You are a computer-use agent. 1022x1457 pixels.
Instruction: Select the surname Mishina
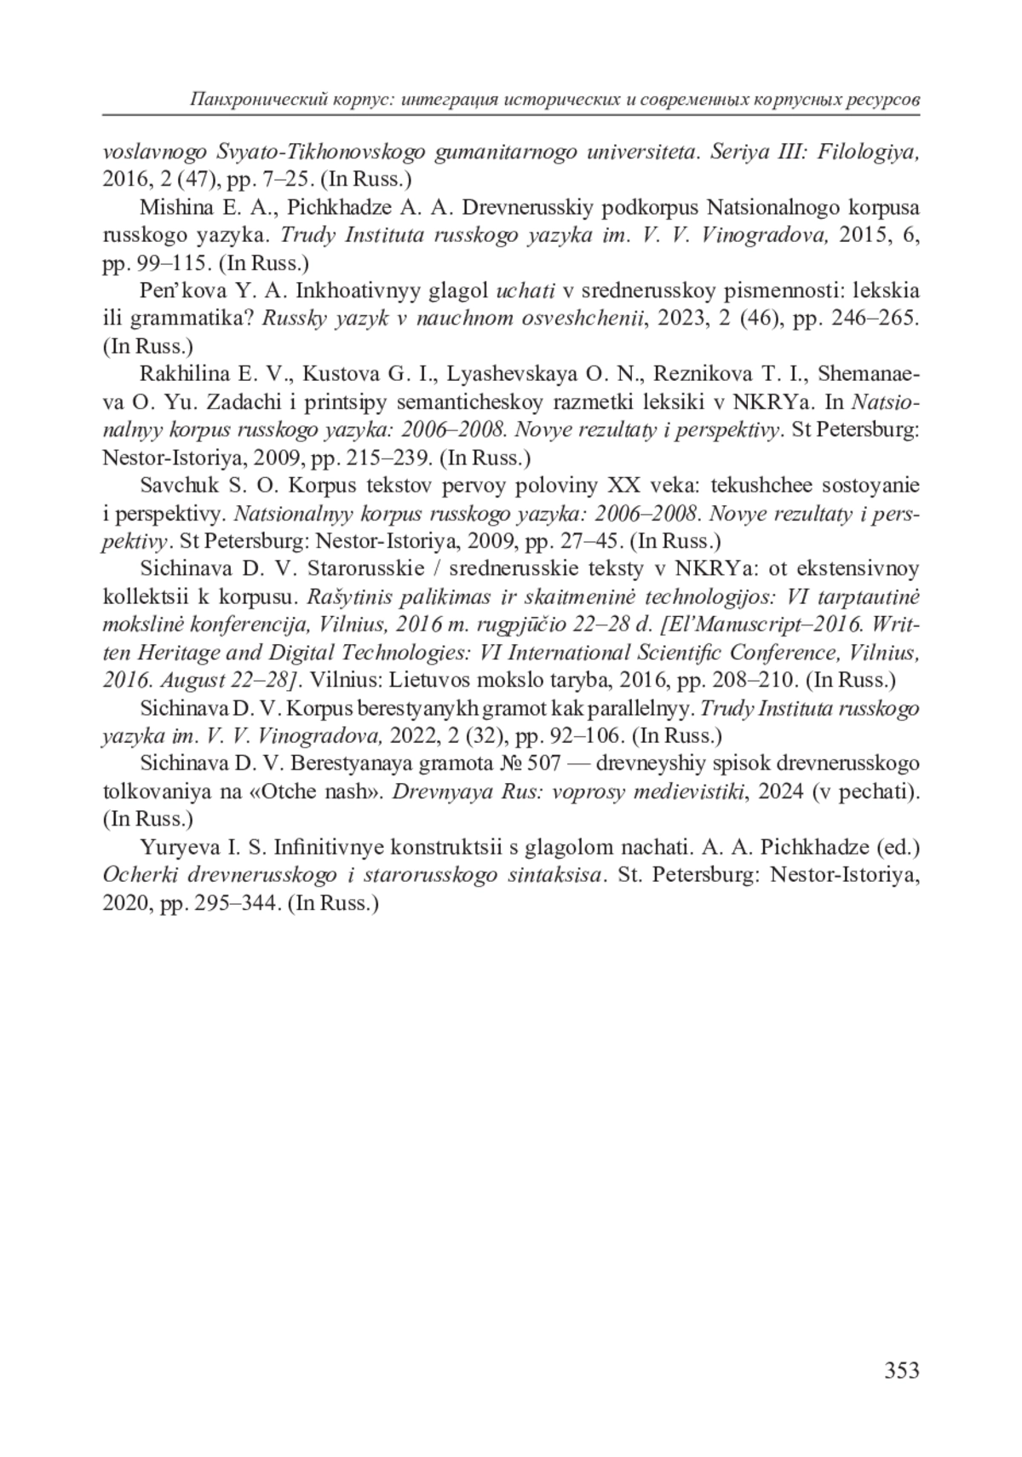(x=169, y=207)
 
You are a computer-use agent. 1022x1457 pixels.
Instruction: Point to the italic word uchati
(x=525, y=291)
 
